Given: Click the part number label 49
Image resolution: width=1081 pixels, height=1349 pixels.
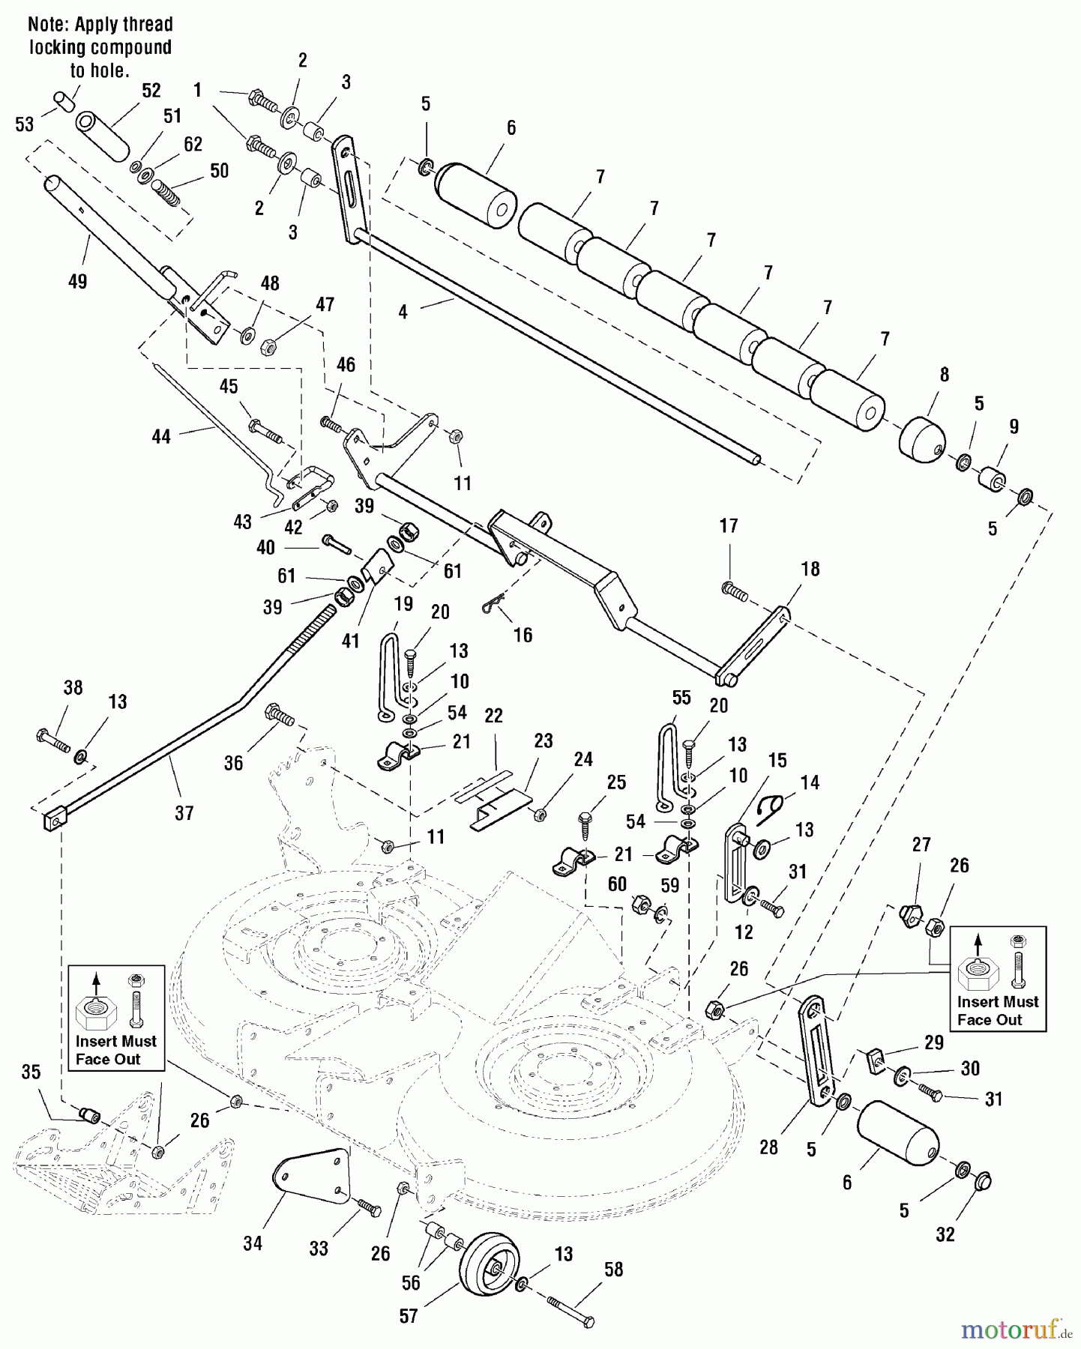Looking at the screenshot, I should tap(77, 281).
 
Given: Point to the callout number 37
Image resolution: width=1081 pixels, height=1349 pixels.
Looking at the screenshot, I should tap(184, 812).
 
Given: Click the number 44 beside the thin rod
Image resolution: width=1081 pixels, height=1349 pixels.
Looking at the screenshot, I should tap(161, 436).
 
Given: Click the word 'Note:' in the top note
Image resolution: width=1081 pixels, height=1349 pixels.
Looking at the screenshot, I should tap(49, 25).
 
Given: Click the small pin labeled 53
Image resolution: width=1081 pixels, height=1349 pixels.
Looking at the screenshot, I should tap(64, 100).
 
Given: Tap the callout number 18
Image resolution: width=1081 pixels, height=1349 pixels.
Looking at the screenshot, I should tap(810, 569).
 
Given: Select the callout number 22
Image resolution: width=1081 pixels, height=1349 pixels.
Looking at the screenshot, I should tap(493, 716).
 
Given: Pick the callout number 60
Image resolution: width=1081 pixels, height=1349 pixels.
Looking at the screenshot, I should tap(617, 884).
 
